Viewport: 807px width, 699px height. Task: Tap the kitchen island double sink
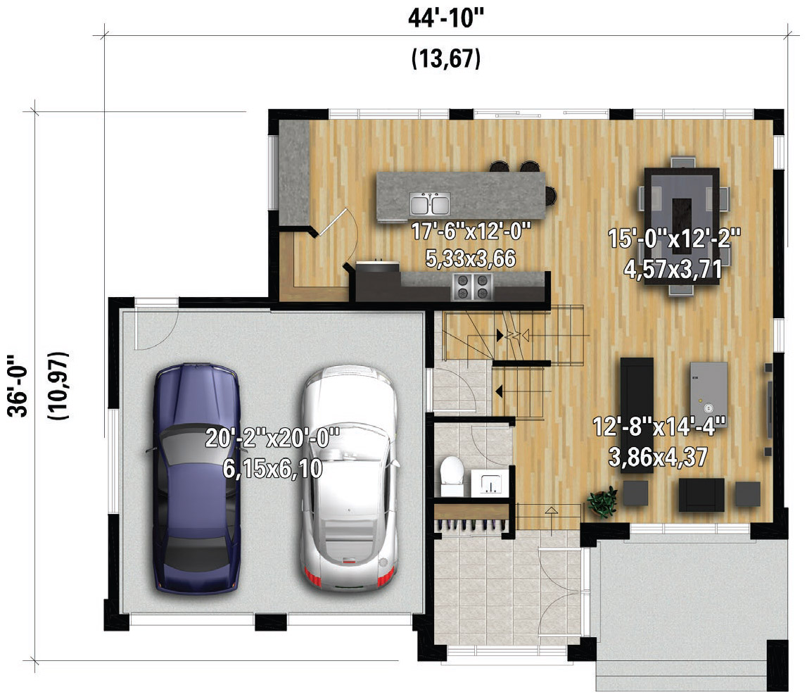[431, 203]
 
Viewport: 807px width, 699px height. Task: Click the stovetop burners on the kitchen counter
[473, 287]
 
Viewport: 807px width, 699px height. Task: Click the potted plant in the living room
[603, 501]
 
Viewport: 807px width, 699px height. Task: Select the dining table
[682, 226]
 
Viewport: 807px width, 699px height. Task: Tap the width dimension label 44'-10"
[446, 18]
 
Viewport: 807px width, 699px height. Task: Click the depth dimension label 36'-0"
[18, 385]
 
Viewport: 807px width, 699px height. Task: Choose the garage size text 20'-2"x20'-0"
[273, 439]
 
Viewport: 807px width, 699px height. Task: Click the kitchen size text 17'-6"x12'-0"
[471, 231]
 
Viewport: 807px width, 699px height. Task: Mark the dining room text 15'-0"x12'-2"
[674, 239]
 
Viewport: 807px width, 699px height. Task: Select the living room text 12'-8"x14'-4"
[659, 427]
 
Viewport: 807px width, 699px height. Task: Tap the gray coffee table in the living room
[708, 388]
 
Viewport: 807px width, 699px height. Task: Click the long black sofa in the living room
[637, 415]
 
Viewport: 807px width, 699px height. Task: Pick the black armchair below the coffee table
[701, 495]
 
